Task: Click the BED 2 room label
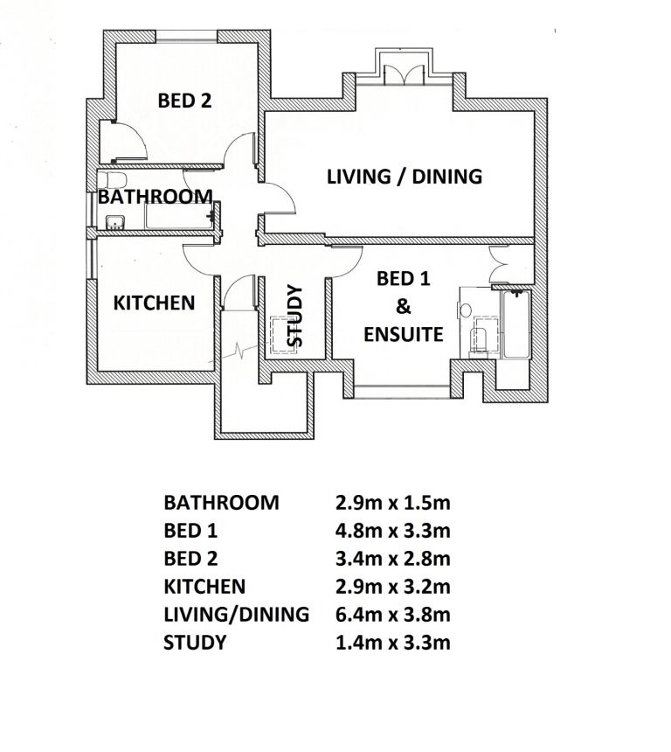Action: pos(184,101)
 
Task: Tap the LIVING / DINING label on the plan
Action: pos(405,177)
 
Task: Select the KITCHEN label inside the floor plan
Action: pos(154,303)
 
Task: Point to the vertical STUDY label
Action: pos(294,316)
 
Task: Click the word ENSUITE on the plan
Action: pos(403,334)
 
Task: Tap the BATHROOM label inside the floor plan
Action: pos(156,197)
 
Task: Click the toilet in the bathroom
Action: pos(114,180)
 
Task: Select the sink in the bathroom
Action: pos(114,222)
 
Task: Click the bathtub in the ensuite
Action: pos(516,324)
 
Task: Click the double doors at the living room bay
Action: pos(404,74)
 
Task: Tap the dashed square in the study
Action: pos(283,335)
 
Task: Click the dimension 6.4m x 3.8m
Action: pos(393,615)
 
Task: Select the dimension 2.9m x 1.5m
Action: pos(393,503)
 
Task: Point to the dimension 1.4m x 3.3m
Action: pos(393,642)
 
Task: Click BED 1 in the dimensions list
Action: pos(190,531)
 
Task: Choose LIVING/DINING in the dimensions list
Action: pos(236,615)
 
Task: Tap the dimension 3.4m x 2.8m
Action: pos(393,559)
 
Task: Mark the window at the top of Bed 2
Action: pos(186,37)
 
